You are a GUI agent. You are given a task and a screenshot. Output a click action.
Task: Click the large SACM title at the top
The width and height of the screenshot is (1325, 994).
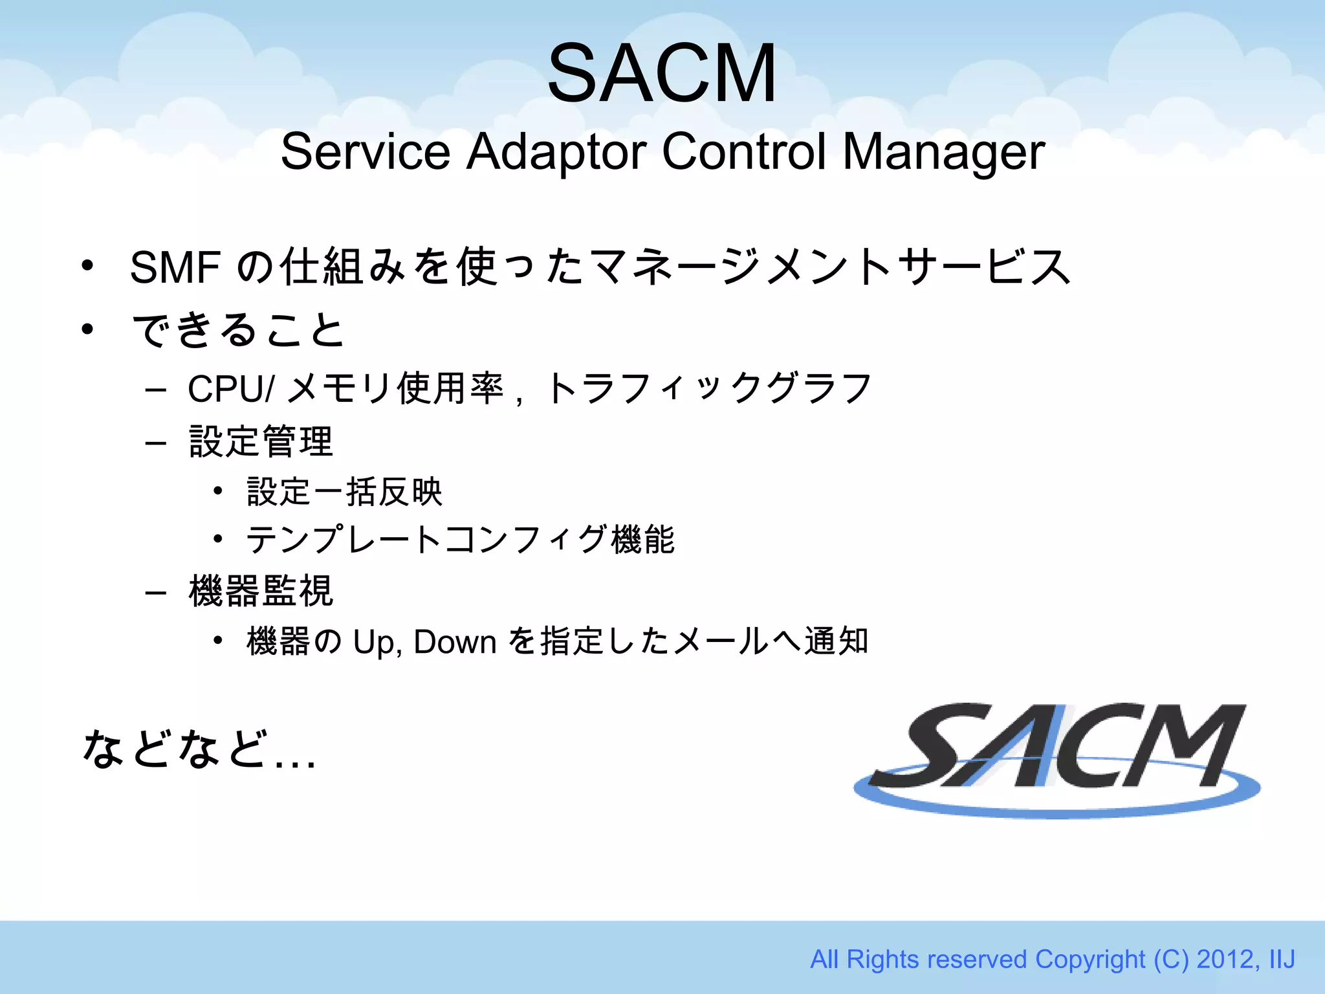point(661,72)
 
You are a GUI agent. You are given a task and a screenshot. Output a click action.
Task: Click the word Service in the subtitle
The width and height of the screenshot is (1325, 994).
point(365,152)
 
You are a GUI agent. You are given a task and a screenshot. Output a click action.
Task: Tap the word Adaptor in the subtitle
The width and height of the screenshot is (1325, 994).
point(556,152)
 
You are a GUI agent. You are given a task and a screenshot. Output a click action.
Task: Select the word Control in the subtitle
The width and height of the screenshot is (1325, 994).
point(743,152)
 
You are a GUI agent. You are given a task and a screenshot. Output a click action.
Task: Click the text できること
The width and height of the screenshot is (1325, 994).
point(238,330)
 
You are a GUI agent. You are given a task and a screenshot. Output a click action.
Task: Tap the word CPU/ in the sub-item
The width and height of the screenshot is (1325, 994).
point(231,389)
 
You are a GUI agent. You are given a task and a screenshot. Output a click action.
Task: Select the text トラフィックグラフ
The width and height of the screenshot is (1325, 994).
point(709,389)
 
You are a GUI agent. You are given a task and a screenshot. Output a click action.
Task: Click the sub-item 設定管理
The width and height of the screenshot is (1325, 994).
point(261,442)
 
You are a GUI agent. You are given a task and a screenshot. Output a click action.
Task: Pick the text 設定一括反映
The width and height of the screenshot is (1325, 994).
point(344,492)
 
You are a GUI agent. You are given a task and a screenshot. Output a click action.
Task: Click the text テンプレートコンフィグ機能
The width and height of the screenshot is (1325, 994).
point(460,540)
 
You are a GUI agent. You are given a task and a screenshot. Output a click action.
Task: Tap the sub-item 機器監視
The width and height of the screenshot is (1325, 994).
point(261,591)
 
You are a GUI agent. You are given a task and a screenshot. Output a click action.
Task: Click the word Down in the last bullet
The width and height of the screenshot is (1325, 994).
point(454,642)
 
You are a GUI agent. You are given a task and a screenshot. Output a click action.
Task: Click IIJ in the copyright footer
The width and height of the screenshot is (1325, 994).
point(1282,959)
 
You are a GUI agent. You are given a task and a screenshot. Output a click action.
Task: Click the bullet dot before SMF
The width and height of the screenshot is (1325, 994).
point(87,266)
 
